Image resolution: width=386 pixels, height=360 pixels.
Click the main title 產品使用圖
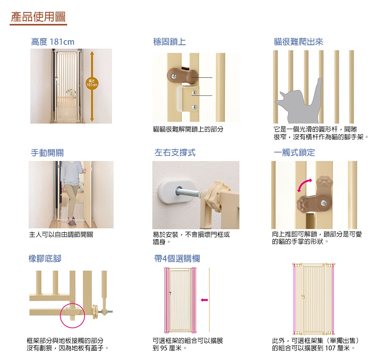[x=38, y=17]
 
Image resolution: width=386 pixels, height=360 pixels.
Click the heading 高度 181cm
[x=52, y=42]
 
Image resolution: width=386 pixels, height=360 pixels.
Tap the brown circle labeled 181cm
[x=92, y=83]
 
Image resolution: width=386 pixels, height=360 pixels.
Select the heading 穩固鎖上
[x=169, y=42]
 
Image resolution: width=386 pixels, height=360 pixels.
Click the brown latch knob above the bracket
[x=182, y=76]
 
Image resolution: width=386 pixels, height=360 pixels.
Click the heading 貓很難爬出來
[x=298, y=42]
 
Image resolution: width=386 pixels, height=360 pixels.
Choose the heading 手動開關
[x=47, y=153]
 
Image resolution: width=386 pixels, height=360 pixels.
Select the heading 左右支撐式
[x=175, y=152]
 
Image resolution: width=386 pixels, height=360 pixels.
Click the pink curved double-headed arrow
[x=304, y=185]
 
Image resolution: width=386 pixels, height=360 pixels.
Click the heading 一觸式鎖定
[x=295, y=152]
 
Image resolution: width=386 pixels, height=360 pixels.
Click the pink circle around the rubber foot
[x=73, y=316]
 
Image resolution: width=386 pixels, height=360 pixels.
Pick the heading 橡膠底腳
[x=45, y=259]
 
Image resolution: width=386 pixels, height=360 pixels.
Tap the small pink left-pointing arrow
[x=204, y=300]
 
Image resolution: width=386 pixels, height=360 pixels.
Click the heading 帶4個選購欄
[x=177, y=259]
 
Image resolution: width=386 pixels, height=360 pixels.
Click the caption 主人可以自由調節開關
[x=61, y=235]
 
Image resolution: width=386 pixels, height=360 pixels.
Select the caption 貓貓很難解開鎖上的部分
[x=188, y=129]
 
